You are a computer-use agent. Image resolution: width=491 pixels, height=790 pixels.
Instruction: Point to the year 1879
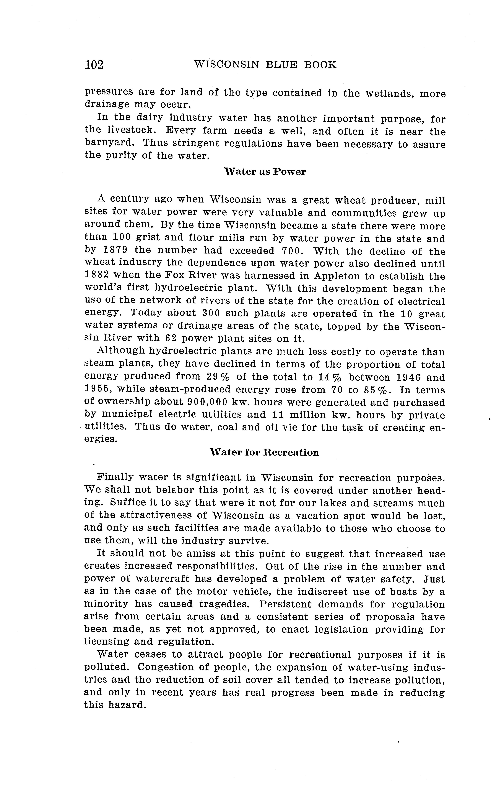point(115,251)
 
